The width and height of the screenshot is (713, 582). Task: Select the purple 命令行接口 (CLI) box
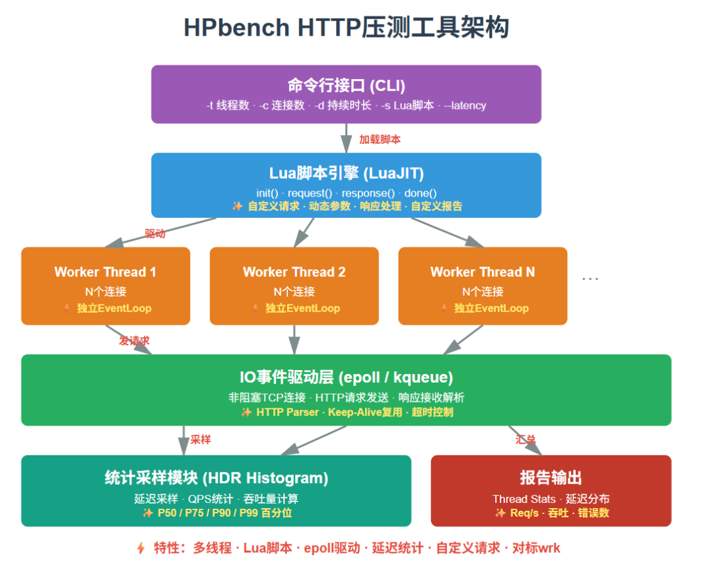[346, 94]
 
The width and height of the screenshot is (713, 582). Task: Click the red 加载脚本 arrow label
[380, 140]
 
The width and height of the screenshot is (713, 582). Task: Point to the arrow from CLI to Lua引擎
[347, 138]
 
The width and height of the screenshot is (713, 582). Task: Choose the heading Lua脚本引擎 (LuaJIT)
[346, 174]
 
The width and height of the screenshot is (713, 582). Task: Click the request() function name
[310, 193]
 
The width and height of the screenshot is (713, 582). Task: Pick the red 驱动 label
[155, 234]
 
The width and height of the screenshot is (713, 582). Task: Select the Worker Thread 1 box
[106, 286]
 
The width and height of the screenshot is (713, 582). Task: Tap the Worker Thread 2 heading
[294, 272]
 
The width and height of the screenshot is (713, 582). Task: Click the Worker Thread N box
[483, 286]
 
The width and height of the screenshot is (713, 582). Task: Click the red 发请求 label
[134, 340]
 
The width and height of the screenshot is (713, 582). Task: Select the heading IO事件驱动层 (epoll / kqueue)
[346, 377]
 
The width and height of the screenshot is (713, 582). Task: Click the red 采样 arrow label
[201, 439]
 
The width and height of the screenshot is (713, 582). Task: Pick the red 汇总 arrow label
[526, 439]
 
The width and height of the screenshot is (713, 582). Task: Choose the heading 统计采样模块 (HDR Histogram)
[217, 478]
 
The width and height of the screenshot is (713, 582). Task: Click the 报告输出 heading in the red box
[551, 478]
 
